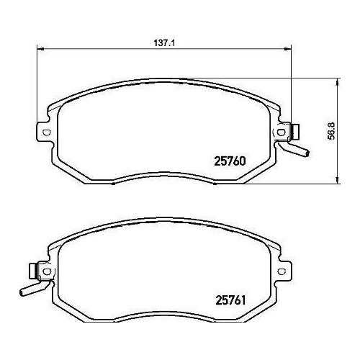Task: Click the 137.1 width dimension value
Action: pos(165,42)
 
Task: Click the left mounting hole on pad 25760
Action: pos(48,132)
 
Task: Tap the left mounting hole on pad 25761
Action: pos(48,271)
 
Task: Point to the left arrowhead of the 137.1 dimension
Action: pos(40,49)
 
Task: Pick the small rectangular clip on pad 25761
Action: pos(33,271)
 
